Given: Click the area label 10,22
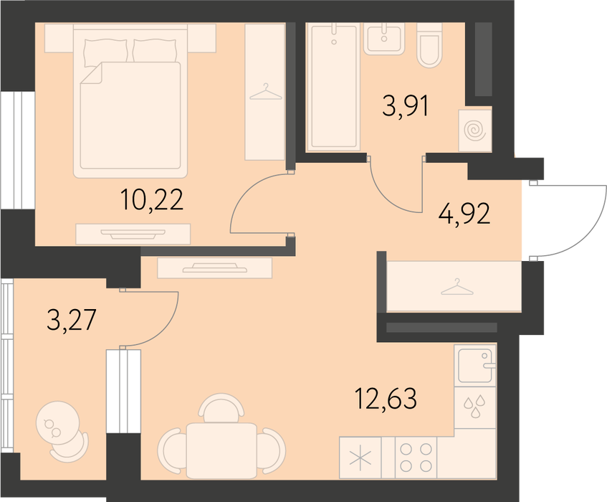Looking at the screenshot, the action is coord(151,200).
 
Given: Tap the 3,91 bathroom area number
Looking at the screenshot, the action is coord(406,106).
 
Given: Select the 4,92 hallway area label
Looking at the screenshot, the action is coord(464,214).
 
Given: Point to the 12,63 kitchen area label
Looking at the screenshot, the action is coord(386,399).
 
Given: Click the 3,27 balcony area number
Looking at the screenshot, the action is coord(71,320).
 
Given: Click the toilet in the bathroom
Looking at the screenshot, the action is coord(429,45).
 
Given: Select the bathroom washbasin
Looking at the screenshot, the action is coord(384,38).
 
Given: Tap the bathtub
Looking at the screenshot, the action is coord(333,86).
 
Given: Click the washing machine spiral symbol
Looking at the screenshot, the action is coord(475,131).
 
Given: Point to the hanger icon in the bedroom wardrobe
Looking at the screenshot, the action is coord(266,93).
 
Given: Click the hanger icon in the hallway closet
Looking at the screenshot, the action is coord(457,287).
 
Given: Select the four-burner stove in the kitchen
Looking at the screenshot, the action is coord(416,457).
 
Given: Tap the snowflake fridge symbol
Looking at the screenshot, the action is coord(360,458).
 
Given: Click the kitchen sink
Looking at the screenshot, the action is coord(475,365).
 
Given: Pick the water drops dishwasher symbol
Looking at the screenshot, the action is coord(475,406).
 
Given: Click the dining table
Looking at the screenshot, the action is coord(221,451).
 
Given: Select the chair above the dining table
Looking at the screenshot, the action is coord(221,407).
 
